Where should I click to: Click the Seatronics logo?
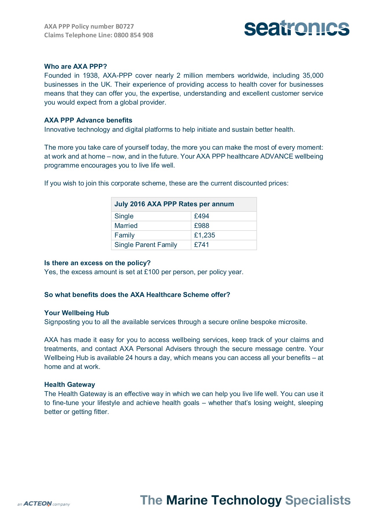click(297, 28)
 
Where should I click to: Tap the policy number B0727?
click(125, 27)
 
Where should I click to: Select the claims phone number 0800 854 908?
click(133, 35)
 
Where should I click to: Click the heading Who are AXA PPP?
click(75, 66)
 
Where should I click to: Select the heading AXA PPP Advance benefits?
click(88, 120)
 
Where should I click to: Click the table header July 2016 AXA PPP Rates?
click(174, 204)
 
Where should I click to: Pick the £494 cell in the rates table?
click(201, 216)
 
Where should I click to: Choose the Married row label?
click(126, 226)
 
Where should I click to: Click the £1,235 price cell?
click(205, 235)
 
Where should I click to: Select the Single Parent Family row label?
click(146, 245)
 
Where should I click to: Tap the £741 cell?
click(201, 245)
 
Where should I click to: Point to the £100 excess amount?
click(151, 272)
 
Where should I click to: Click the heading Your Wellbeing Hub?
click(77, 313)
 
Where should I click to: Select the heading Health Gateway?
click(70, 385)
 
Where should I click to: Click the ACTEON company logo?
click(43, 504)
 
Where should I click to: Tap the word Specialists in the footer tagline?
click(318, 500)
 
